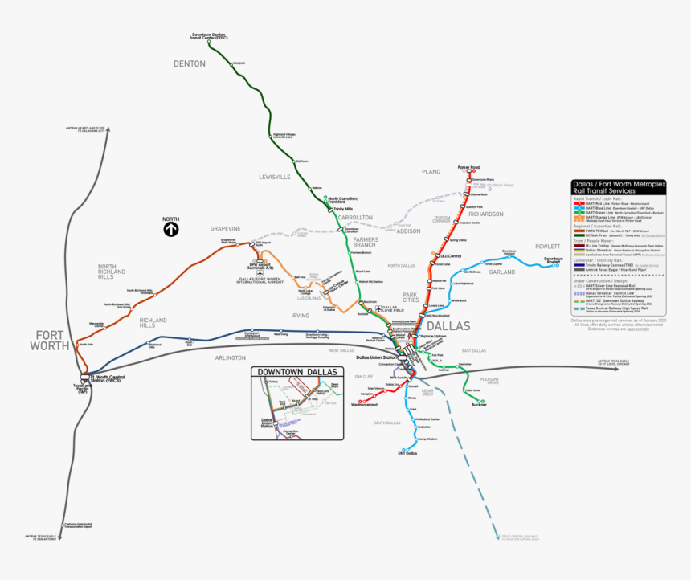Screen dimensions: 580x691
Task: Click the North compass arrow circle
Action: pos(170,229)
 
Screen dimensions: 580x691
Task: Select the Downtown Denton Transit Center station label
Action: pos(211,36)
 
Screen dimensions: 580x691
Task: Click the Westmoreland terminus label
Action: pos(363,405)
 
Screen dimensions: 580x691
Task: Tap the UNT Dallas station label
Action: pos(407,454)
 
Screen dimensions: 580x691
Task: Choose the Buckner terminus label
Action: pos(479,404)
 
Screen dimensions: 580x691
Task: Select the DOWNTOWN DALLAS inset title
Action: pos(294,371)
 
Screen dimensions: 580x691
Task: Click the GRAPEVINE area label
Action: pos(226,228)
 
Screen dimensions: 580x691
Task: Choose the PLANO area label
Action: pos(431,171)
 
